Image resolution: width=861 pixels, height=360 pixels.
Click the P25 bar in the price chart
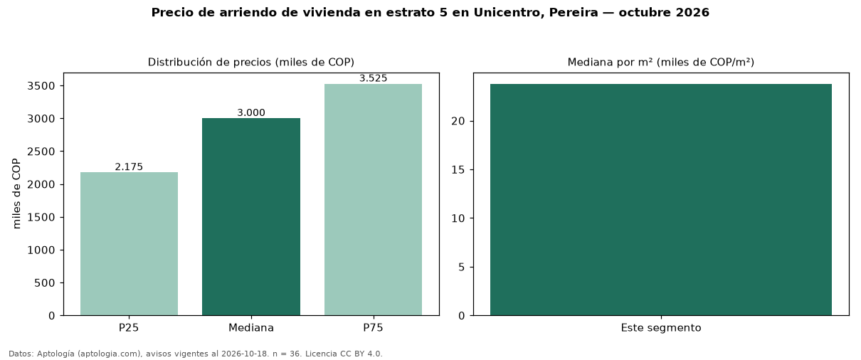click(130, 243)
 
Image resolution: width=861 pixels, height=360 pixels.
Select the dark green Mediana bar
click(251, 217)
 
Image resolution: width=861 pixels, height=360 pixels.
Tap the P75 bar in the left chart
click(373, 199)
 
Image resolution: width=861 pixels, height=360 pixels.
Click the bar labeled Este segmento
click(661, 199)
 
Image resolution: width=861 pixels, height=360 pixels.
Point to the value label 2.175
click(129, 166)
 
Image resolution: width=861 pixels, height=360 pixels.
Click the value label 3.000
click(251, 112)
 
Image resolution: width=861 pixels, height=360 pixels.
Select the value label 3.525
click(373, 78)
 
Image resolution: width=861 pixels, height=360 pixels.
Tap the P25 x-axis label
click(129, 328)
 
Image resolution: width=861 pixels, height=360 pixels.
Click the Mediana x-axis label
click(251, 328)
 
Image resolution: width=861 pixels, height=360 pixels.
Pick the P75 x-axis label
click(373, 328)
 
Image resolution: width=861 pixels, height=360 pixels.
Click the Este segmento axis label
click(661, 328)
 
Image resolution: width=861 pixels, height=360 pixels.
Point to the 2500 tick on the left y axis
click(41, 152)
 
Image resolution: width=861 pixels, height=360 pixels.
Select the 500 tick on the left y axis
click(45, 283)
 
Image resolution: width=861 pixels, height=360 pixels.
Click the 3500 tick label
click(41, 85)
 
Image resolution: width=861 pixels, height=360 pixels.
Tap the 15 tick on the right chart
click(458, 170)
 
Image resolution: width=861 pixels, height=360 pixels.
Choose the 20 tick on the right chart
click(458, 121)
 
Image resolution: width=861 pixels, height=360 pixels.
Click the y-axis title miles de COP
click(16, 194)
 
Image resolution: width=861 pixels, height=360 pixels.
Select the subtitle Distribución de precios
click(210, 62)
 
